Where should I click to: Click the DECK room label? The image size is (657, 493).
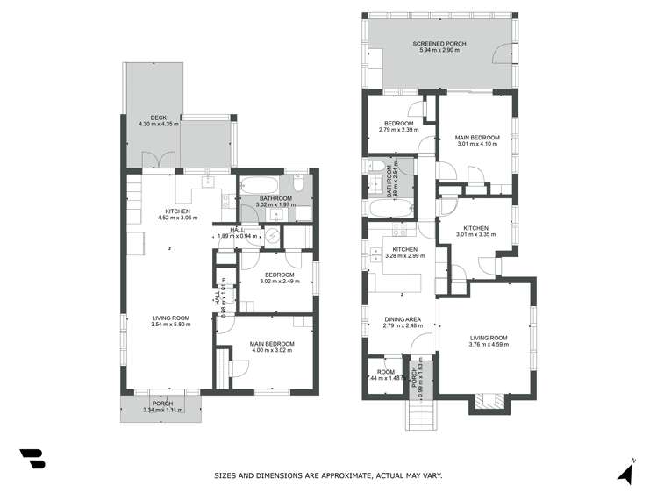158,120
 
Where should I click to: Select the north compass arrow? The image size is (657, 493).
626,474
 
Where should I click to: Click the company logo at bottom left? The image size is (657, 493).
32,459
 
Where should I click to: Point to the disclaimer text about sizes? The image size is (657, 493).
328,475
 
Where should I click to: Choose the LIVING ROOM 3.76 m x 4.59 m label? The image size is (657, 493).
488,340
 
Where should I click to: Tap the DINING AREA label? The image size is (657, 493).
402,322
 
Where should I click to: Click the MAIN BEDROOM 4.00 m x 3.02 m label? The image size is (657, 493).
271,347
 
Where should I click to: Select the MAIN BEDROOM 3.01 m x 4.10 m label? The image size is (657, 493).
477,140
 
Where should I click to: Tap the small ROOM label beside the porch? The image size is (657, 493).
384,375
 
